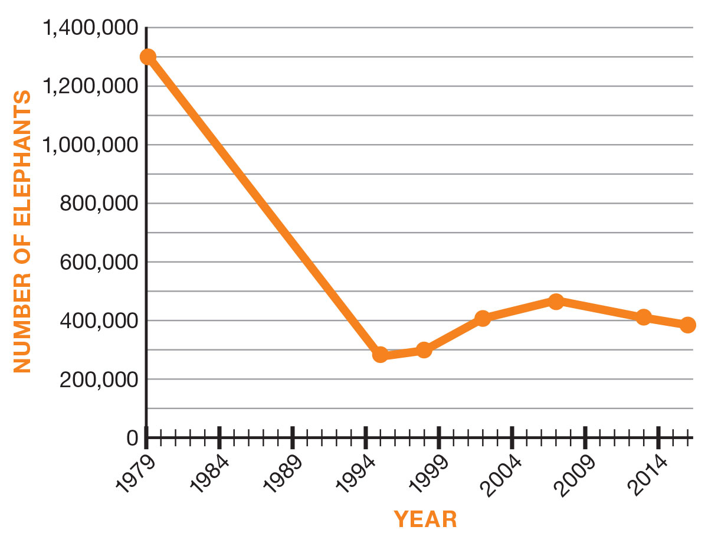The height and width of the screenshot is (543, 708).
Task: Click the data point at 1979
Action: pyautogui.click(x=147, y=57)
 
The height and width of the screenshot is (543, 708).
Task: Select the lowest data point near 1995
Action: pyautogui.click(x=381, y=355)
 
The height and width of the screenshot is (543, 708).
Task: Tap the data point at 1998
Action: pyautogui.click(x=424, y=350)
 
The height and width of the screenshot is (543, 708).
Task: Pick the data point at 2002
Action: pyautogui.click(x=483, y=319)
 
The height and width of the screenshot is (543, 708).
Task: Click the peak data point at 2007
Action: pyautogui.click(x=556, y=302)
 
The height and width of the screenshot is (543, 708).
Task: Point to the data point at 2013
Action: pyautogui.click(x=644, y=318)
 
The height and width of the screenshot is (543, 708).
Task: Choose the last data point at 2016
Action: pyautogui.click(x=687, y=325)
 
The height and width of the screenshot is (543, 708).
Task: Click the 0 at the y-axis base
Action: pyautogui.click(x=132, y=438)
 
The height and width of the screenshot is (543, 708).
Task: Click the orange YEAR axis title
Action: pyautogui.click(x=425, y=519)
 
